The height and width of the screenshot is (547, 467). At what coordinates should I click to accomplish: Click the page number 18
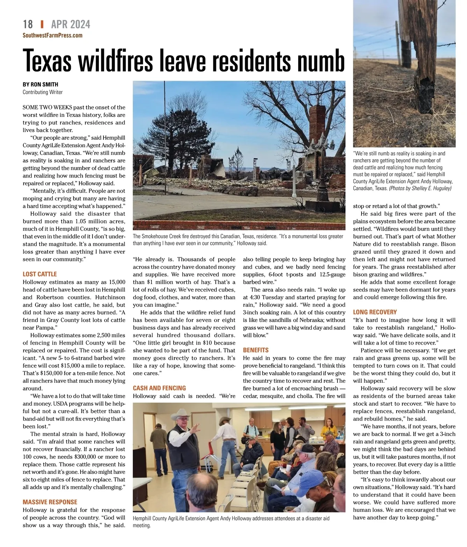(28, 25)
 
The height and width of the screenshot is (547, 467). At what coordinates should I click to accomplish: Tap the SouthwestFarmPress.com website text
(53, 35)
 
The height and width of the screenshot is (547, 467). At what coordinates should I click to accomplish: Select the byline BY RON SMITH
(40, 84)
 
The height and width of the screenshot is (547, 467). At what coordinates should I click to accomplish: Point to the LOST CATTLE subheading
(40, 274)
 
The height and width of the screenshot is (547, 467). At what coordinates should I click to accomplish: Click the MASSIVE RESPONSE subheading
(50, 502)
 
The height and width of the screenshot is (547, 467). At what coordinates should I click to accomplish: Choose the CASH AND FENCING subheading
(159, 388)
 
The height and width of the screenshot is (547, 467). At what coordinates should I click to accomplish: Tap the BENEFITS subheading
(256, 350)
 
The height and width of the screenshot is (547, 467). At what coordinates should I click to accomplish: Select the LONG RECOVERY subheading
(375, 312)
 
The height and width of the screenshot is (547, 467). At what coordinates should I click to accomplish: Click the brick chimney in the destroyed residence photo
(317, 125)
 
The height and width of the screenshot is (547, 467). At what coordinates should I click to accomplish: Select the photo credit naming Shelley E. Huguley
(420, 188)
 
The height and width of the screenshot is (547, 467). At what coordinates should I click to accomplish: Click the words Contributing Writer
(42, 92)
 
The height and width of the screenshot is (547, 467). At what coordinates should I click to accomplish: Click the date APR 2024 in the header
(70, 25)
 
